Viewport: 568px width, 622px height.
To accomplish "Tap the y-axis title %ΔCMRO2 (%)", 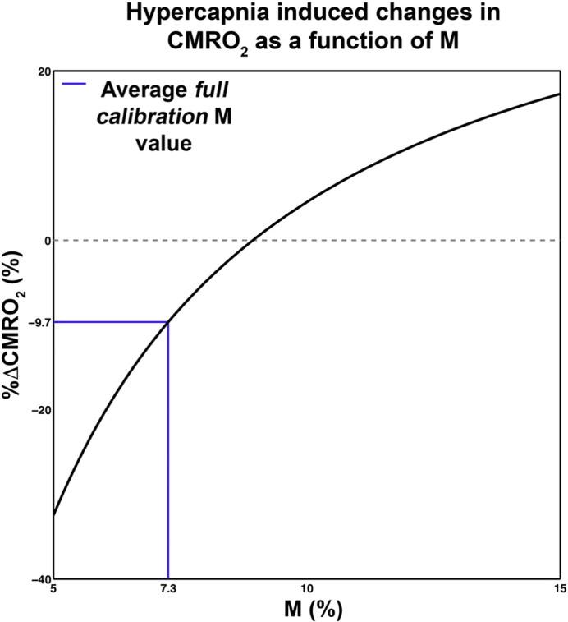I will click(x=14, y=324).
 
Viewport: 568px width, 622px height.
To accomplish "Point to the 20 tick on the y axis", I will click(x=43, y=71).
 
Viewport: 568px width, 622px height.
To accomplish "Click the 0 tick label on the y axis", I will click(x=46, y=241).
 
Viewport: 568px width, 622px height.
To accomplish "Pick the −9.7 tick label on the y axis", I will click(x=39, y=323).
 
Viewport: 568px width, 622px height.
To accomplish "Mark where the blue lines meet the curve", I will click(x=168, y=321).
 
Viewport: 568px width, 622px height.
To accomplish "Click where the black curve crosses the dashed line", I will click(x=256, y=240).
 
